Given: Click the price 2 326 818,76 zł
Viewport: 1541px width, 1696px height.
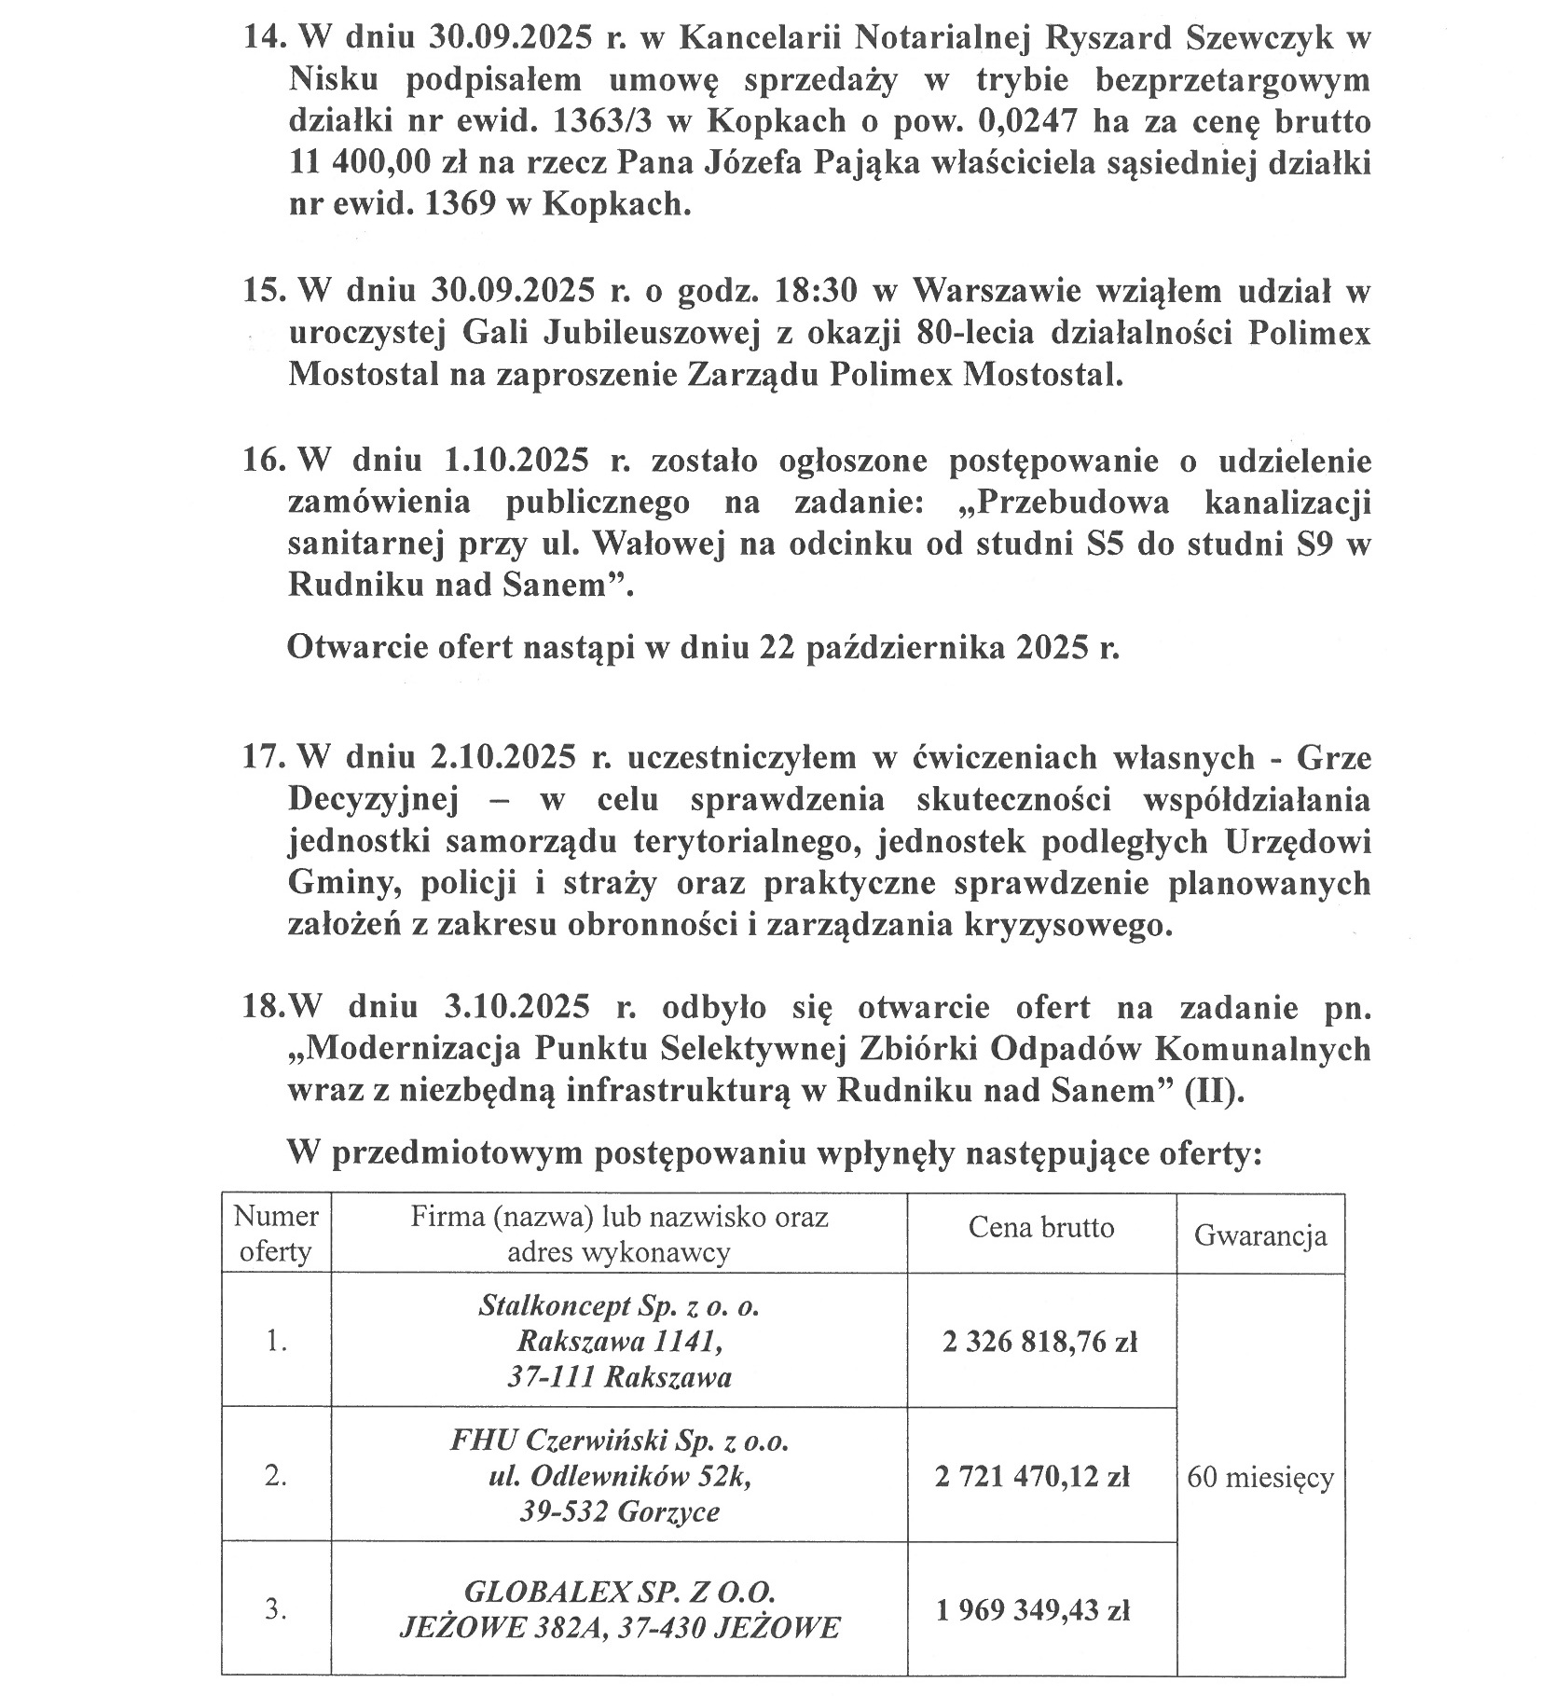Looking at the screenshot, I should point(1039,1342).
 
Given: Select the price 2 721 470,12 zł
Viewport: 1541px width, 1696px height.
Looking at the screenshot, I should point(1032,1476).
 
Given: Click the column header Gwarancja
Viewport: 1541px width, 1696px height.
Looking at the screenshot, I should point(1259,1236).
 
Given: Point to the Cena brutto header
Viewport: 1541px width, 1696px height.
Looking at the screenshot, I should point(1040,1227).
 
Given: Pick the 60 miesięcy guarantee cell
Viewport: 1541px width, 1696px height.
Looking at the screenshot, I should point(1259,1477).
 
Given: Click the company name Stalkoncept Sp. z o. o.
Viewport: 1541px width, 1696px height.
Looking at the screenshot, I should point(618,1306).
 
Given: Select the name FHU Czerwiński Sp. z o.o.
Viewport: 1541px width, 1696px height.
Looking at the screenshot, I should point(619,1441).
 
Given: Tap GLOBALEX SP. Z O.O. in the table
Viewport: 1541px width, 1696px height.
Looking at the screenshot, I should point(619,1592).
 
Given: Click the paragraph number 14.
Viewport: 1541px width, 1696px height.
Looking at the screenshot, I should point(262,38).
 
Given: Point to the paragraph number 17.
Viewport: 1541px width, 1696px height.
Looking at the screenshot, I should point(262,757).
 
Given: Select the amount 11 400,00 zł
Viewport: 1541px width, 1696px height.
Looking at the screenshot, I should point(359,163).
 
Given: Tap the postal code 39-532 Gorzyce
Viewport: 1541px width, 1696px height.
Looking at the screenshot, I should point(619,1511).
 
